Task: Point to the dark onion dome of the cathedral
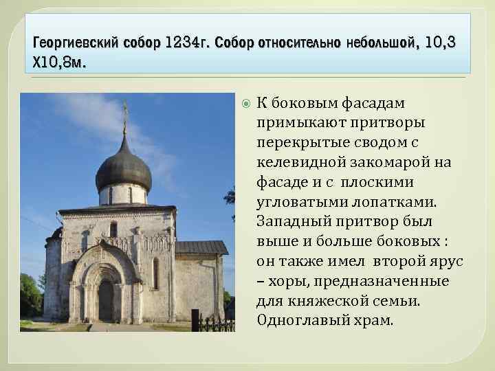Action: [124, 165]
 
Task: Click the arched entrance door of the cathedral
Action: [107, 299]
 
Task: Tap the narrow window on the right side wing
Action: [155, 273]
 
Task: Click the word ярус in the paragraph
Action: [448, 263]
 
